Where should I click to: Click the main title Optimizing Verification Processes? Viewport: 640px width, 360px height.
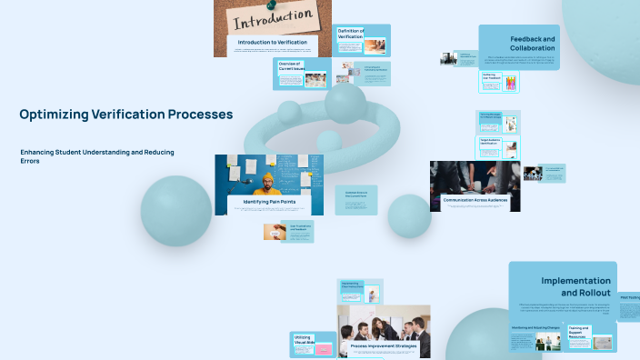pyautogui.click(x=125, y=115)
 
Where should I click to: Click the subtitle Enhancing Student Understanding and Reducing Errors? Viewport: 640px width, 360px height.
pyautogui.click(x=97, y=155)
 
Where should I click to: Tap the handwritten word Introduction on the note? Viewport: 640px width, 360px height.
pyautogui.click(x=272, y=17)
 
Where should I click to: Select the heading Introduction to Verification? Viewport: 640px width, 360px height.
pyautogui.click(x=272, y=43)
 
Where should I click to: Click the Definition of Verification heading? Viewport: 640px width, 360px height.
pyautogui.click(x=351, y=35)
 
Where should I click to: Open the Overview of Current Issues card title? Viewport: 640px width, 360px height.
pyautogui.click(x=289, y=66)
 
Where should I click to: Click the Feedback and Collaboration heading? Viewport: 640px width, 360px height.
pyautogui.click(x=532, y=43)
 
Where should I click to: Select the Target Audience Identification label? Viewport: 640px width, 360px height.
pyautogui.click(x=491, y=142)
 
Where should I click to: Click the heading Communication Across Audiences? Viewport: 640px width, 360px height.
pyautogui.click(x=475, y=199)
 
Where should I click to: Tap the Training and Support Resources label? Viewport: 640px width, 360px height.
pyautogui.click(x=578, y=330)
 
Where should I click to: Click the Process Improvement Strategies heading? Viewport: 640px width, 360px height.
pyautogui.click(x=383, y=346)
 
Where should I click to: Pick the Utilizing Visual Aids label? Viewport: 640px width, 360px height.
pyautogui.click(x=303, y=340)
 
